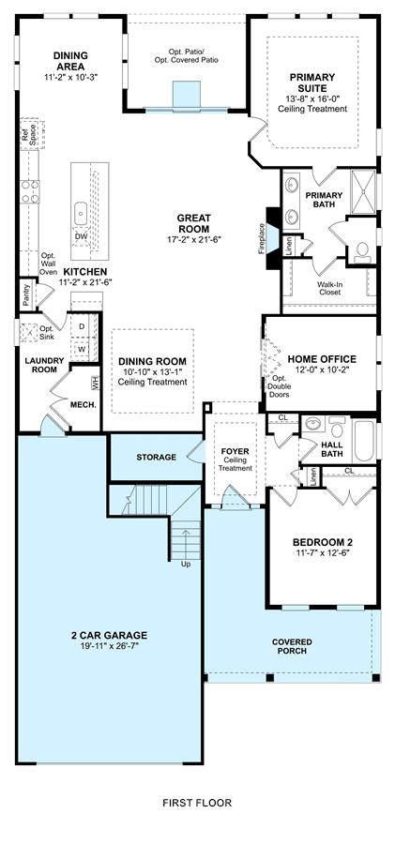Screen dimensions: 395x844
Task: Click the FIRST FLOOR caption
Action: click(x=197, y=803)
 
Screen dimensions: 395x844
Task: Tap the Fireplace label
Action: click(x=262, y=238)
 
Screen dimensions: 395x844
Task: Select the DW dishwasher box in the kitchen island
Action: click(x=81, y=236)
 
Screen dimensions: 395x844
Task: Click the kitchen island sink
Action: click(x=81, y=214)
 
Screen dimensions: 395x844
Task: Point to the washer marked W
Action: click(x=82, y=348)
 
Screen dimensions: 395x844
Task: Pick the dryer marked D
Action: click(x=82, y=326)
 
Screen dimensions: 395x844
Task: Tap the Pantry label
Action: click(x=26, y=294)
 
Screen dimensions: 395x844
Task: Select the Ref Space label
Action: click(x=28, y=134)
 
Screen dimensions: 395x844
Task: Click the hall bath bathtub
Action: click(x=364, y=442)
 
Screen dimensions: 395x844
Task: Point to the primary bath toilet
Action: click(x=362, y=252)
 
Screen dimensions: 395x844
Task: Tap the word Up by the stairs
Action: click(x=186, y=565)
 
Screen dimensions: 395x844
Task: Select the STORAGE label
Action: click(x=157, y=458)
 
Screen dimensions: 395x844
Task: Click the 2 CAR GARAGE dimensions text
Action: click(x=110, y=645)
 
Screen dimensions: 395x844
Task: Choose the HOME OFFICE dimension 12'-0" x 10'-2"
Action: click(x=321, y=370)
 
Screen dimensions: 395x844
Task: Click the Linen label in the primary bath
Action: click(x=288, y=246)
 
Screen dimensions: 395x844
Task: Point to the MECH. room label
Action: click(x=84, y=404)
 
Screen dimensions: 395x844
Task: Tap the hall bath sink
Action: click(x=312, y=425)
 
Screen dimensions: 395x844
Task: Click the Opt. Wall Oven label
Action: click(x=49, y=264)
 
